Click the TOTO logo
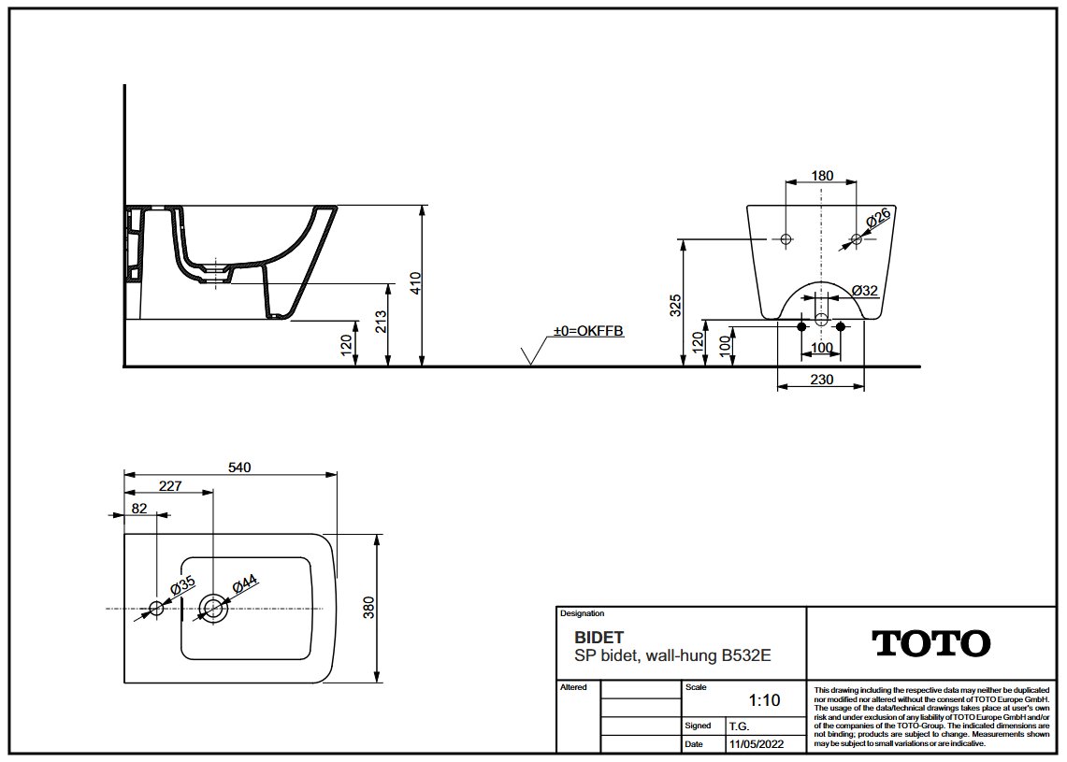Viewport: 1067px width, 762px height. pyautogui.click(x=930, y=643)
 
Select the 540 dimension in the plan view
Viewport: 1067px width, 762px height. pyautogui.click(x=239, y=467)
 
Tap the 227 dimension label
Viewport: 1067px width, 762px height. pyautogui.click(x=170, y=486)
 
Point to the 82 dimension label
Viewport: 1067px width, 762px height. pyautogui.click(x=139, y=509)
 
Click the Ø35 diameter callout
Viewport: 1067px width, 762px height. pyautogui.click(x=182, y=585)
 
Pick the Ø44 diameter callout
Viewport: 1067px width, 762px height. pyautogui.click(x=244, y=584)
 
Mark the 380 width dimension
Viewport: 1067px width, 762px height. pyautogui.click(x=368, y=609)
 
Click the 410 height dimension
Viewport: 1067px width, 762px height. pyautogui.click(x=416, y=283)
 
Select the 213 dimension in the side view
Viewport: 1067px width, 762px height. pyautogui.click(x=381, y=322)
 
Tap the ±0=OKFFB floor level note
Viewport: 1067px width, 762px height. pyautogui.click(x=588, y=331)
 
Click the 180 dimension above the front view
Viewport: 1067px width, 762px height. pyautogui.click(x=822, y=176)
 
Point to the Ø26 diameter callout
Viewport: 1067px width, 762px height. pyautogui.click(x=878, y=219)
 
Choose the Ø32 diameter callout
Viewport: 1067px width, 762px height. pyautogui.click(x=865, y=291)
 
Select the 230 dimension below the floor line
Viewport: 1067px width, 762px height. pyautogui.click(x=822, y=379)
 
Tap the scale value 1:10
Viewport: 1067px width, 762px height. pyautogui.click(x=764, y=700)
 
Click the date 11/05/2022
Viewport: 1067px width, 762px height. pyautogui.click(x=756, y=744)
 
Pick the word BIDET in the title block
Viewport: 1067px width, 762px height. pyautogui.click(x=598, y=638)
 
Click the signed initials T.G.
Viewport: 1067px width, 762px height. pyautogui.click(x=739, y=726)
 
